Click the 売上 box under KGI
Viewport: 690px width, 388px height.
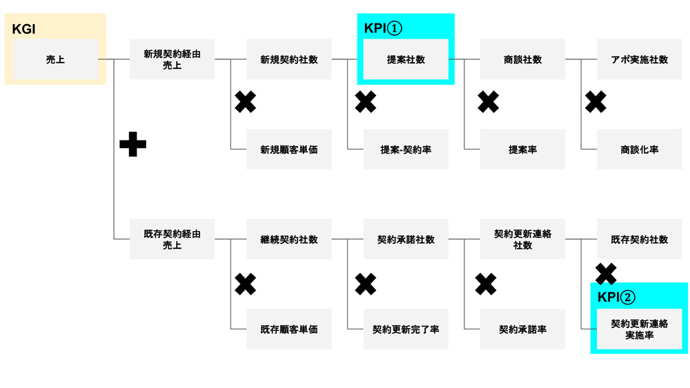[x=55, y=59]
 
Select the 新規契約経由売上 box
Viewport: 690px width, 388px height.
[x=172, y=59]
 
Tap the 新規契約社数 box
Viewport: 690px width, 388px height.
[x=289, y=59]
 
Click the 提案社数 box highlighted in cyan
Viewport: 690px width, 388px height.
[x=406, y=59]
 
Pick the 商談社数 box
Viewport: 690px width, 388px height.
[x=523, y=59]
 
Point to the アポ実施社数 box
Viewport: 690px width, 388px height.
[x=640, y=59]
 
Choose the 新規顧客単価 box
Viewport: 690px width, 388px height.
[x=289, y=150]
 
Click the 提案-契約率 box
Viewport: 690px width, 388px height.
[x=406, y=150]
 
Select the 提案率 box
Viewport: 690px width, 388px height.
[x=523, y=150]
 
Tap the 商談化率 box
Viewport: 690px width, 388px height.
[x=640, y=150]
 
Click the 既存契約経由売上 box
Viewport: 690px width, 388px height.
[x=172, y=239]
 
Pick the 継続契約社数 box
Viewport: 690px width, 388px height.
[x=289, y=239]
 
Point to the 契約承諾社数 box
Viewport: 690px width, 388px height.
[x=406, y=239]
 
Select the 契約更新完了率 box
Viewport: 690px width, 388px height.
[x=406, y=329]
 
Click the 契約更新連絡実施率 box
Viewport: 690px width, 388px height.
[x=640, y=329]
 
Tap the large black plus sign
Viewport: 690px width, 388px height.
[x=133, y=144]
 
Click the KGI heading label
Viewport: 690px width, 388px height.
[x=23, y=29]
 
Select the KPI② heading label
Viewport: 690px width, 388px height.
[x=616, y=297]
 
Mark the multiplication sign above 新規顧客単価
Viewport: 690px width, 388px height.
[x=246, y=102]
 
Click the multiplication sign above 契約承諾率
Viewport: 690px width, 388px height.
[x=486, y=284]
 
